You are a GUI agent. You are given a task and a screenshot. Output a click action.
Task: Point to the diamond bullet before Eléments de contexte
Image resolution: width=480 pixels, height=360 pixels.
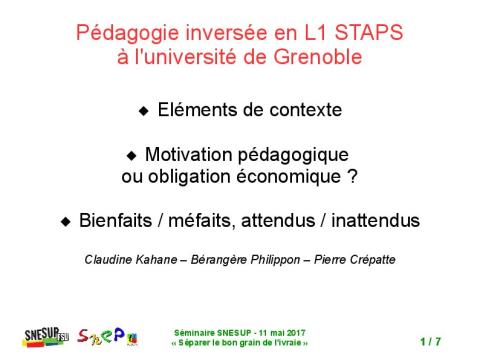pos(143,110)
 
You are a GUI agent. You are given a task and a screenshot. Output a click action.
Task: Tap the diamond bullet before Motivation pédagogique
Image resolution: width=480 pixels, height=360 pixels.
pos(131,157)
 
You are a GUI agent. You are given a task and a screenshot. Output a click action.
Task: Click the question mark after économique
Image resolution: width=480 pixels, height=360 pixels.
pos(352,178)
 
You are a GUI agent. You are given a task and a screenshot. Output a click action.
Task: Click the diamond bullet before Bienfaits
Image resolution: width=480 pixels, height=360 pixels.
pos(66,221)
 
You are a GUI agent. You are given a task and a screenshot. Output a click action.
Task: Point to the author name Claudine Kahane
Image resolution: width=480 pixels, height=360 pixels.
pos(134,261)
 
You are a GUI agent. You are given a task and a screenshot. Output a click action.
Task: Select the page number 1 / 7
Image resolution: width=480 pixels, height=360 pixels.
pos(431,342)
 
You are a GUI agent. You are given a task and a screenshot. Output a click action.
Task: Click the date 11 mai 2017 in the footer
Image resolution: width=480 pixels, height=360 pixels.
pos(269,333)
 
